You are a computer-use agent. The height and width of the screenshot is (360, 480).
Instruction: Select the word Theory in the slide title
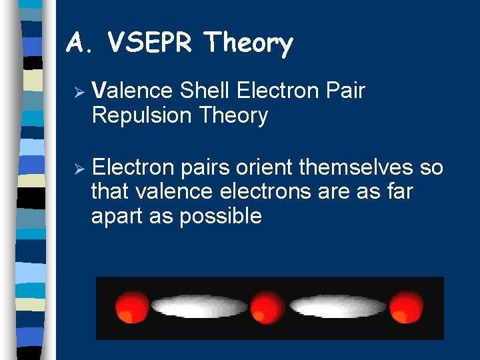click(249, 45)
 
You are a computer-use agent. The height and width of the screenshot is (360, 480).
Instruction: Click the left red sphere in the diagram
click(132, 307)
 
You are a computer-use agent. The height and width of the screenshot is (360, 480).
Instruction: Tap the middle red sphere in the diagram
click(268, 307)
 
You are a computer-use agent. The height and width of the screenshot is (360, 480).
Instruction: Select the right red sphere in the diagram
click(406, 307)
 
